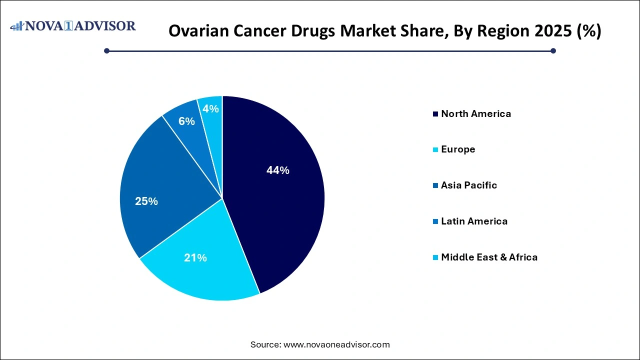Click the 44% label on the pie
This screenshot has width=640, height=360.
pos(278,170)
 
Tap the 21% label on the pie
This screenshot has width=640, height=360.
pos(195,258)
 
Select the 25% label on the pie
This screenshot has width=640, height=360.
pos(146,201)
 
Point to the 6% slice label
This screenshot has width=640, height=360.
pos(186,121)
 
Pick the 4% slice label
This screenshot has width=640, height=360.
pos(211,108)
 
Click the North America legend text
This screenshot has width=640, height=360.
pos(475,114)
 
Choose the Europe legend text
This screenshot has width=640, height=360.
pos(457,149)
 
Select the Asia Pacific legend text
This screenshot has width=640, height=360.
pos(468,185)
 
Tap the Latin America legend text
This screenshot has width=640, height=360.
pos(474,221)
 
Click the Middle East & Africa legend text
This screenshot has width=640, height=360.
pos(489,257)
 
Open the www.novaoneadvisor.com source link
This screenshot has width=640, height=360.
pos(336,344)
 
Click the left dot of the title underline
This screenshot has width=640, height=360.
pos(106,50)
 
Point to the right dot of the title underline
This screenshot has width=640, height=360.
pos(553,50)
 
